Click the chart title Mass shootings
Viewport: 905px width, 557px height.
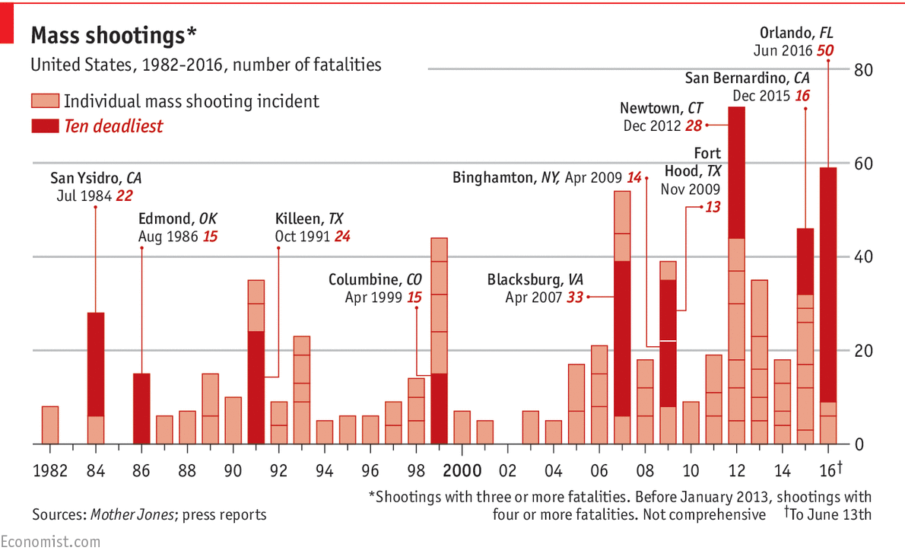pyautogui.click(x=113, y=34)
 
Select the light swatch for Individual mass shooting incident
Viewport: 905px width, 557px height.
pyautogui.click(x=44, y=101)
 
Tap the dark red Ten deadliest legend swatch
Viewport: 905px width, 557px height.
pyautogui.click(x=44, y=126)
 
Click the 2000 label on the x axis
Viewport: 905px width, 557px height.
pyautogui.click(x=462, y=469)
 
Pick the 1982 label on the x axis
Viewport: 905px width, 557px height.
pyautogui.click(x=50, y=469)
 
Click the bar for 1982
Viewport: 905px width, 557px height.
pyautogui.click(x=50, y=425)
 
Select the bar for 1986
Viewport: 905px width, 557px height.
pyautogui.click(x=141, y=408)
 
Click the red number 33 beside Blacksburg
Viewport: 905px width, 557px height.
pyautogui.click(x=574, y=298)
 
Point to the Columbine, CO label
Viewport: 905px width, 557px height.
pyautogui.click(x=375, y=280)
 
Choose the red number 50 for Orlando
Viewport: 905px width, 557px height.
pyautogui.click(x=825, y=51)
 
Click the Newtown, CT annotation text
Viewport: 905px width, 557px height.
pyautogui.click(x=659, y=108)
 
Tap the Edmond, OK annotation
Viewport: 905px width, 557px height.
pyautogui.click(x=178, y=219)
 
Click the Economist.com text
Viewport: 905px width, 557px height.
pyautogui.click(x=50, y=542)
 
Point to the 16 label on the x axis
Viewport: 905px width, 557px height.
pyautogui.click(x=829, y=469)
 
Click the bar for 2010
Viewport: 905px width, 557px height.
pyautogui.click(x=691, y=422)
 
